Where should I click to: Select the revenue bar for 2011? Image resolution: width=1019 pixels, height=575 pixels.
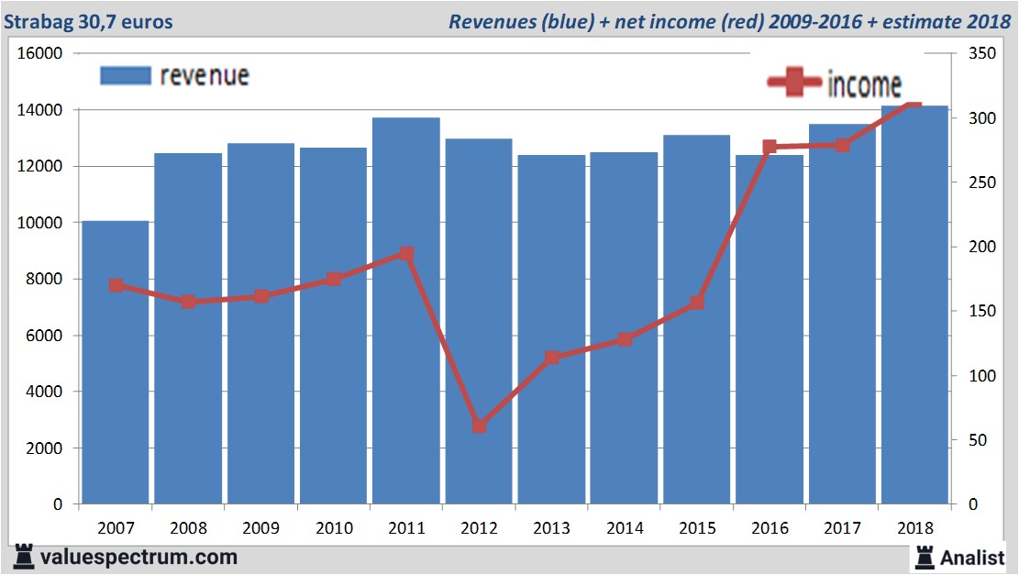pos(406,311)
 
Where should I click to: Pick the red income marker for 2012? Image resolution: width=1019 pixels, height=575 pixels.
pos(479,426)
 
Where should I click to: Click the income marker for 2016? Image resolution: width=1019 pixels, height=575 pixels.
pos(770,147)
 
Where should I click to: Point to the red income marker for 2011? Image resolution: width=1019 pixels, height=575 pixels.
pos(406,254)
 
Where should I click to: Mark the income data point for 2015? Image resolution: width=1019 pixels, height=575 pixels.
pos(697,302)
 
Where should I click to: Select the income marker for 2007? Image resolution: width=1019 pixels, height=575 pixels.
pos(116,285)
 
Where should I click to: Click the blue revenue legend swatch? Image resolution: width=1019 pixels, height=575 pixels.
pos(125,75)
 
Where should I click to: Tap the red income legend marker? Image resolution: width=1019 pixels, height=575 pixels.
pos(794,83)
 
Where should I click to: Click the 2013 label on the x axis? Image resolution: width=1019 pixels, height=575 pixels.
pos(551,528)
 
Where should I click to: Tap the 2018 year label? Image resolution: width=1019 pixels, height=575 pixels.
pos(914,528)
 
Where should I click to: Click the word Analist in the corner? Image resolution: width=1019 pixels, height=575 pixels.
pos(972,557)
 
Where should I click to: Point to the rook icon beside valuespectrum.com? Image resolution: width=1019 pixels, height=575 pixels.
pos(25,557)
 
